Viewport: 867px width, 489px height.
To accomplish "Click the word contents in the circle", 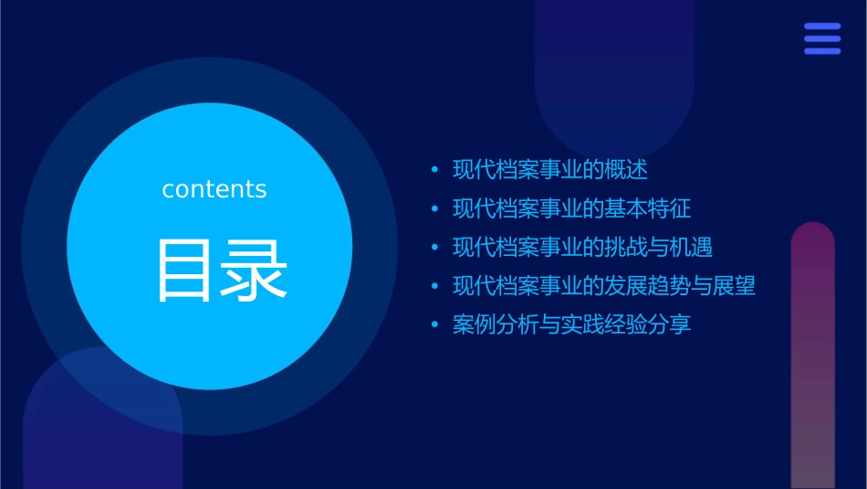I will click(214, 189).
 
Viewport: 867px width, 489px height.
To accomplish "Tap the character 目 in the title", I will click(186, 270).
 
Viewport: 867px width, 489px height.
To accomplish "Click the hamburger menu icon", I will click(822, 39).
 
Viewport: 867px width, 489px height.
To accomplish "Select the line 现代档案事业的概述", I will click(549, 170).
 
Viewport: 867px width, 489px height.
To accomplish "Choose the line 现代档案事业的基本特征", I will click(571, 209).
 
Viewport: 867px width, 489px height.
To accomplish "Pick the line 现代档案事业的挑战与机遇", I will click(582, 248).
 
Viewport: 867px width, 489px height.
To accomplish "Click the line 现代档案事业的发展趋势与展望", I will click(604, 286).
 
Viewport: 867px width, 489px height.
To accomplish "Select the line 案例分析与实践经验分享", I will click(571, 324).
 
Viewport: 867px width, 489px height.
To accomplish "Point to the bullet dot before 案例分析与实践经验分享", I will click(435, 324).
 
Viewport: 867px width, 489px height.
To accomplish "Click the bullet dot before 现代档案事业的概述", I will click(435, 170).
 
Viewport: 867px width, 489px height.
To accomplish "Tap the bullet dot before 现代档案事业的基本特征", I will click(435, 209).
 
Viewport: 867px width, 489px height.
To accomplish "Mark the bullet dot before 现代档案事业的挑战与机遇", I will click(435, 248).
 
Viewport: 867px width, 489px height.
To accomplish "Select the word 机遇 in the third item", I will click(691, 248).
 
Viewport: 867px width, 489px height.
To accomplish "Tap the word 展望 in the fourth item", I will click(735, 286).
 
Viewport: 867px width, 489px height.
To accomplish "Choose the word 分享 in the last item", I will click(669, 324).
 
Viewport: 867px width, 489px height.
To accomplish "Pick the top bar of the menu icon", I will click(822, 27).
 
